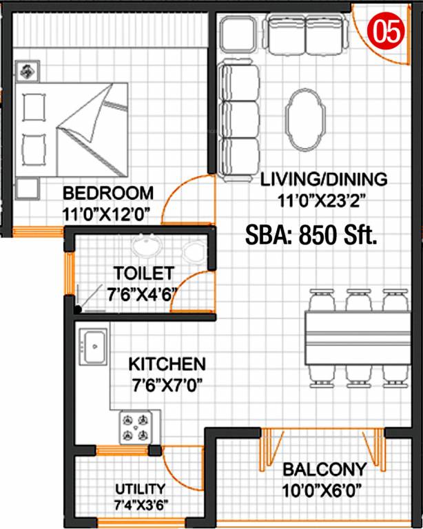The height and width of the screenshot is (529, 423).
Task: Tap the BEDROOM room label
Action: (107, 192)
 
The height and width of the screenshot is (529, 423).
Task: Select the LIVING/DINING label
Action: (324, 180)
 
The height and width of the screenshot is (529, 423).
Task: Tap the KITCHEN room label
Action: (167, 363)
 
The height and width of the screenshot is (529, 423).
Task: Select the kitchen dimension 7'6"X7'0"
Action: (167, 383)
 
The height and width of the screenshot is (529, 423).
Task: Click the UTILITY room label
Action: (140, 488)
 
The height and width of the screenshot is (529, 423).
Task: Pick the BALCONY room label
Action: (324, 470)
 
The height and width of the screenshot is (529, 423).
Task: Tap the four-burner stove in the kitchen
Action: (134, 426)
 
